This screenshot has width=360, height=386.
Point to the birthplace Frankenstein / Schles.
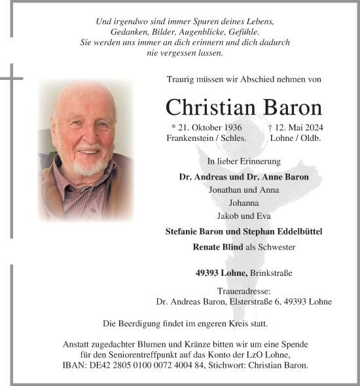point(206,139)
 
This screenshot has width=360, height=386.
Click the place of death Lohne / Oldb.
point(295,139)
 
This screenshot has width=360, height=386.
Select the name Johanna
point(243,203)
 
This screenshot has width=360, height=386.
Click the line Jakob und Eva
point(243,216)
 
